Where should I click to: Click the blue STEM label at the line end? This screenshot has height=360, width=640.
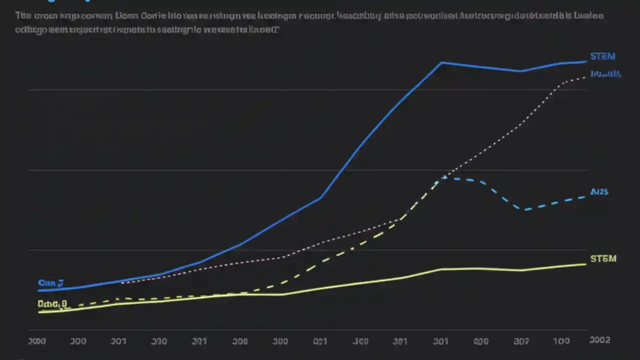coord(602,56)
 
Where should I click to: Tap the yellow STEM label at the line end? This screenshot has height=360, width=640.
coord(603,258)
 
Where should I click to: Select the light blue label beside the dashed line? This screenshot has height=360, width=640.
coord(599,191)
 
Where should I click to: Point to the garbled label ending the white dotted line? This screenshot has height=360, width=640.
coord(605,74)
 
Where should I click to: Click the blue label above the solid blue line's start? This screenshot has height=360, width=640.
coord(50,283)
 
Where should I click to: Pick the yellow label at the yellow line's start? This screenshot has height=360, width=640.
coord(52,303)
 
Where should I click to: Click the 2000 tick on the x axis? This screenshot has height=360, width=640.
coord(36,341)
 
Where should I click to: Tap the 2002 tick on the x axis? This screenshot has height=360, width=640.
coord(599,340)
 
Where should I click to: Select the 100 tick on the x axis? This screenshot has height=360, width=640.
coord(561,341)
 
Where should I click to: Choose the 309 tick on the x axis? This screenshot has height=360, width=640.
coord(521,341)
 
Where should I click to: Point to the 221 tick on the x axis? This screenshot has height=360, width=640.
coord(199,341)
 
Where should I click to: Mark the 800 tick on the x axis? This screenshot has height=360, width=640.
coord(480,341)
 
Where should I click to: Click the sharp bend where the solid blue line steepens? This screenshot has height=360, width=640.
coord(320,198)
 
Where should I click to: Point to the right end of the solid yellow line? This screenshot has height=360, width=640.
coord(585,264)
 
